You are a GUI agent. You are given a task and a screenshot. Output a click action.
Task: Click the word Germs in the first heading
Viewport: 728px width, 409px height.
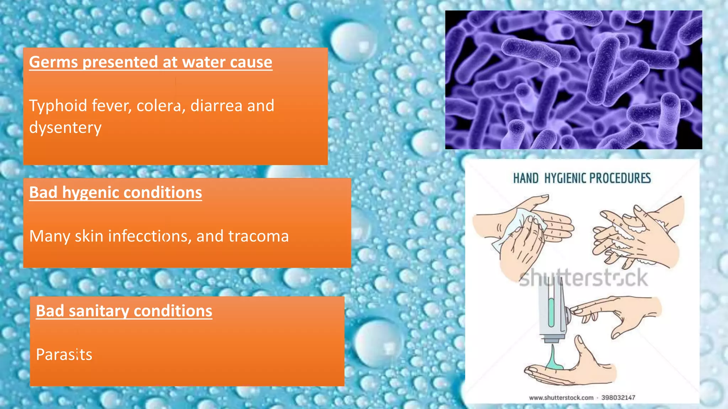pyautogui.click(x=53, y=62)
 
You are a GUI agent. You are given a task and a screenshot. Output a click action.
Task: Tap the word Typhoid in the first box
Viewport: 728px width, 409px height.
pyautogui.click(x=58, y=106)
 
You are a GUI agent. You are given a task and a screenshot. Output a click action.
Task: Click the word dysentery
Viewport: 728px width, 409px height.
pyautogui.click(x=65, y=128)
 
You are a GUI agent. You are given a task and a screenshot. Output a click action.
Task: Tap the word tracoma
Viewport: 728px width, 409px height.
pyautogui.click(x=258, y=236)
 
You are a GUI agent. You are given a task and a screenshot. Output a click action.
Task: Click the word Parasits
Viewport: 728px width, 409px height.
pyautogui.click(x=64, y=355)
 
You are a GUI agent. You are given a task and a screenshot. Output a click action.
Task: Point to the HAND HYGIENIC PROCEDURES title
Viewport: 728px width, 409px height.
pyautogui.click(x=582, y=178)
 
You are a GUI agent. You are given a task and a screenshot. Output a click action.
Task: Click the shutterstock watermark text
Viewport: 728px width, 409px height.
pyautogui.click(x=583, y=278)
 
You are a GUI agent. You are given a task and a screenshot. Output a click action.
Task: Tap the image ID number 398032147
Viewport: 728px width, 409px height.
pyautogui.click(x=618, y=398)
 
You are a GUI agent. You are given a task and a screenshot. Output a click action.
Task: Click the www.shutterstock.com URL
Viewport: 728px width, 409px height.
pyautogui.click(x=561, y=398)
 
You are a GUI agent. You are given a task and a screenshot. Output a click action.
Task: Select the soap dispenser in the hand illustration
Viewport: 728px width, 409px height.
pyautogui.click(x=552, y=312)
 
